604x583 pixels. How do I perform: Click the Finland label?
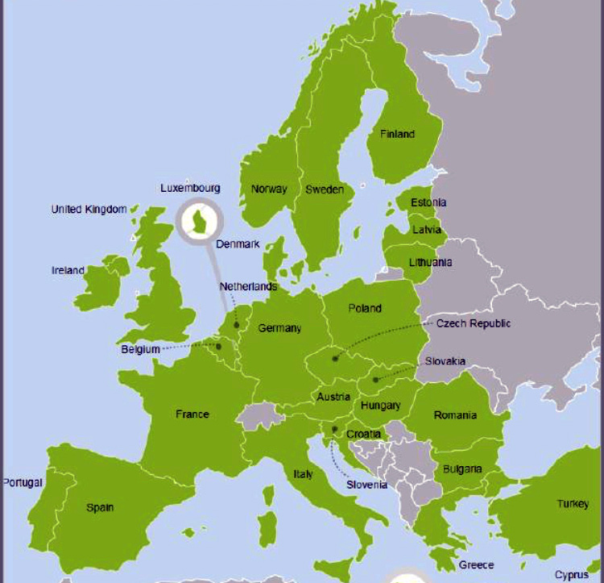397,134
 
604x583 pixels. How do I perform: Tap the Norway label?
269,189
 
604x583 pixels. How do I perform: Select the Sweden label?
325,190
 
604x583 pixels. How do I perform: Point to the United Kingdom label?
89,210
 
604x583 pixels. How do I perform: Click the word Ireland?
68,271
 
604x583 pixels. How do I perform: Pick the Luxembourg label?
190,188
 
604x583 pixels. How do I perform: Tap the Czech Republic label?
474,323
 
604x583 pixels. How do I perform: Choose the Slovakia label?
445,361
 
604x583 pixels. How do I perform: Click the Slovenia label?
366,485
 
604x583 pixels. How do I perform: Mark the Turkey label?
573,504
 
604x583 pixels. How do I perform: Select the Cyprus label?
572,575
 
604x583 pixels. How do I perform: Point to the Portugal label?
23,482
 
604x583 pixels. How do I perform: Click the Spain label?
100,508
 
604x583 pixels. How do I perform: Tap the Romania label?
455,415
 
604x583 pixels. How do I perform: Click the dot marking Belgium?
218,347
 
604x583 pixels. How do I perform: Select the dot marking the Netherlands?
237,326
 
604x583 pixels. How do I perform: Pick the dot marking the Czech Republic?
335,358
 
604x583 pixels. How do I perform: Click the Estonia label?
428,202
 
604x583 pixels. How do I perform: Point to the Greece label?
476,564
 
